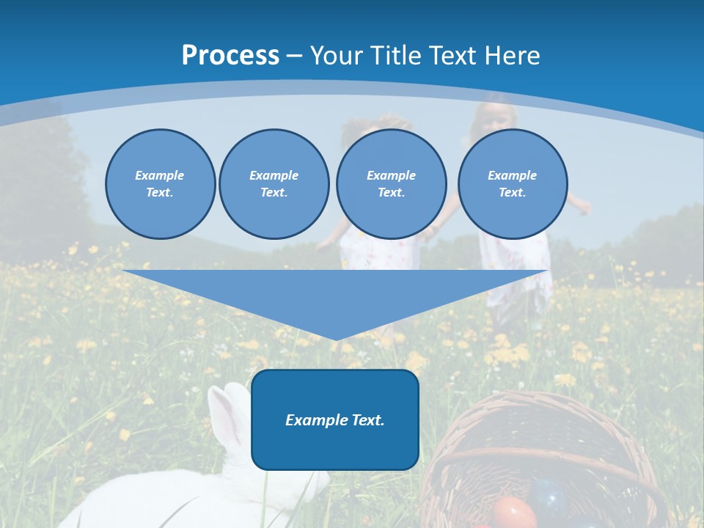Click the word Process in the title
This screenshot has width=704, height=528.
[x=230, y=56]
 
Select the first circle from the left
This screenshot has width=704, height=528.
[x=160, y=183]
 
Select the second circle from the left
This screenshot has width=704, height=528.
[x=274, y=183]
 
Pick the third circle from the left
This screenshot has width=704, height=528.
[x=391, y=183]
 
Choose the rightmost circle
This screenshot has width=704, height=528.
[x=512, y=183]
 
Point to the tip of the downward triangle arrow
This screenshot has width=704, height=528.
[x=336, y=339]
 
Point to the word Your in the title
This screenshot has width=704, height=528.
[x=337, y=56]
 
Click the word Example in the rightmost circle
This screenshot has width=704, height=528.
[x=512, y=175]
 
